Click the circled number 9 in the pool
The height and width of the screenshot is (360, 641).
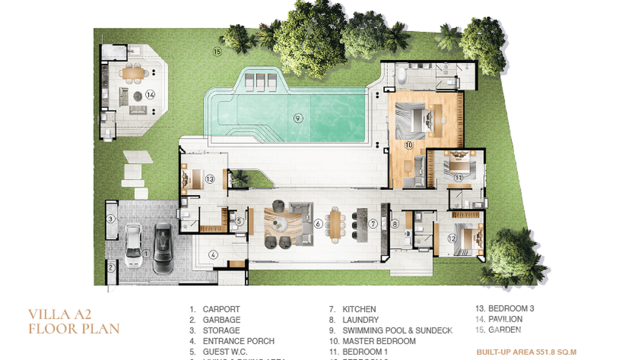298,119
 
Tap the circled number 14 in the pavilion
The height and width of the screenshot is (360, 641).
150,95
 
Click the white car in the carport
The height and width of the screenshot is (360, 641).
133,247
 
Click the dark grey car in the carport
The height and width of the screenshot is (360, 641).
163,248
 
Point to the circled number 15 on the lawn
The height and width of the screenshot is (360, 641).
217,52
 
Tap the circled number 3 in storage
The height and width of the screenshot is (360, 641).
111,219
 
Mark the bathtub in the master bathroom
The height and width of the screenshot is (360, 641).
403,75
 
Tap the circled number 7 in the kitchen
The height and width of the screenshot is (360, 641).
374,223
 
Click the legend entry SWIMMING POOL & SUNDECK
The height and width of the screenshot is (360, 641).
397,330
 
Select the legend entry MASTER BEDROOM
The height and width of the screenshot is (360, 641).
379,341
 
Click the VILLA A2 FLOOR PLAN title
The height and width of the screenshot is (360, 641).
74,321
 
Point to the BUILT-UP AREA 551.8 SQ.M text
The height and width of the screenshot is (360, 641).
526,352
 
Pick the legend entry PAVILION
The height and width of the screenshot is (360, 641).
505,319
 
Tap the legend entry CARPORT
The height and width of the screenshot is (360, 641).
221,309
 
